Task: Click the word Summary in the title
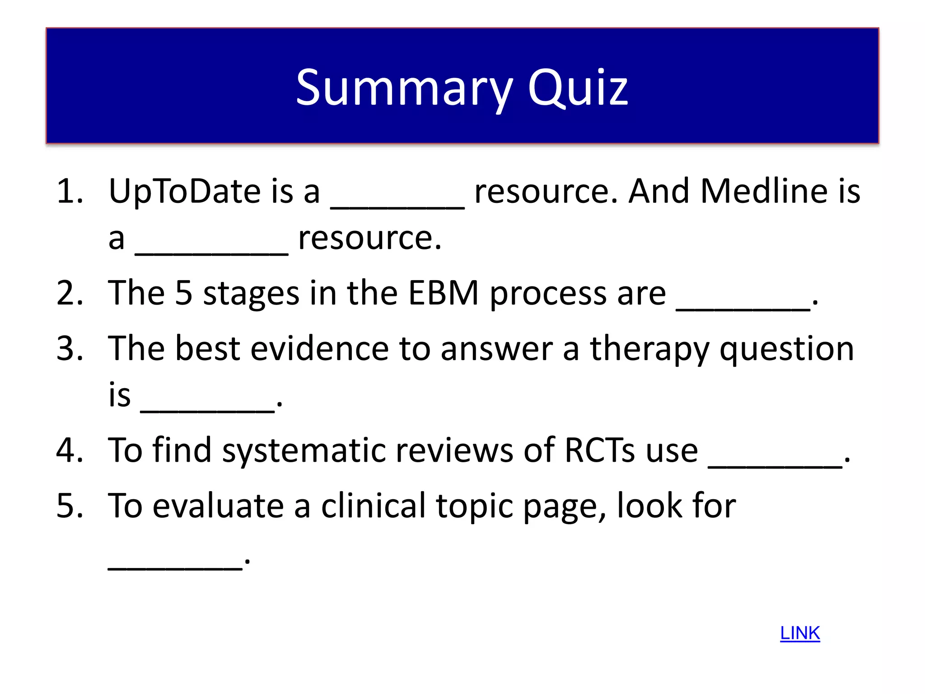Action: tap(404, 88)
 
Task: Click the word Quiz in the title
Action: tap(578, 88)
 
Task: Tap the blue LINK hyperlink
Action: tap(800, 633)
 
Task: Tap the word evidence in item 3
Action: tap(319, 349)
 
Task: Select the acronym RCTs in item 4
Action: tap(600, 450)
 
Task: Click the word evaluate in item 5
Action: tap(218, 506)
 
